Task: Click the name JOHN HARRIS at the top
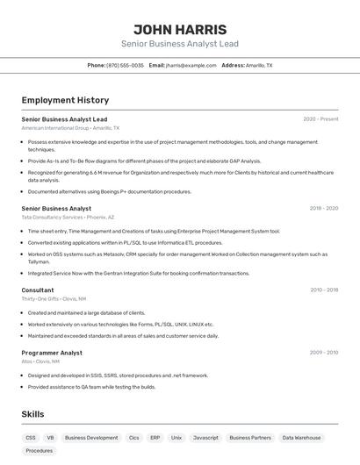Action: click(179, 29)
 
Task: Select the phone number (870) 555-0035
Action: click(125, 65)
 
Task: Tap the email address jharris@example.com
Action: click(191, 65)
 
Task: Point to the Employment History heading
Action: click(65, 100)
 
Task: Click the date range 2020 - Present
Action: click(320, 118)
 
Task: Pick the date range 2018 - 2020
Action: click(324, 208)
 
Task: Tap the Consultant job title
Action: click(38, 290)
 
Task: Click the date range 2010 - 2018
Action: click(324, 290)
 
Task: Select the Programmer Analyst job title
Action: click(52, 353)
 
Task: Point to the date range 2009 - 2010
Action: click(324, 353)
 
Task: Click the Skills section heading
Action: click(32, 414)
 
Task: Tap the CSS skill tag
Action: click(31, 437)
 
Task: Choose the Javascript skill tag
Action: click(205, 437)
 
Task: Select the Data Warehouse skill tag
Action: click(301, 437)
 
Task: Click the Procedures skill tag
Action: click(39, 450)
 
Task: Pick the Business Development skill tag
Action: click(91, 437)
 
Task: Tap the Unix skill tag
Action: click(176, 437)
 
